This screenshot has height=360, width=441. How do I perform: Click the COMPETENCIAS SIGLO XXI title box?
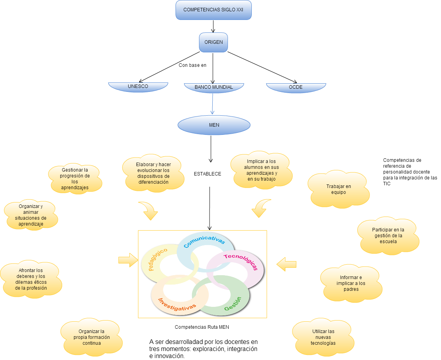coord(213,10)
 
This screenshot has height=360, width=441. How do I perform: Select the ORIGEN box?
coord(213,42)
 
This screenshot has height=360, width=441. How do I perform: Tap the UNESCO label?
coord(138,86)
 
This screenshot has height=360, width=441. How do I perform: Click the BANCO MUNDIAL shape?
coord(213,88)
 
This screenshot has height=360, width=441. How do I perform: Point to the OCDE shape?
coord(296,87)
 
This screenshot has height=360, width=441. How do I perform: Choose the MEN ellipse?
coord(214,125)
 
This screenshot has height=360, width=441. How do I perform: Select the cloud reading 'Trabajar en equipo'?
coord(339,189)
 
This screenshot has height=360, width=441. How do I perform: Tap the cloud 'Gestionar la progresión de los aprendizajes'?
coord(75,179)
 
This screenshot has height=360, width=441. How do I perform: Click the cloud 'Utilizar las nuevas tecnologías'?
coord(323,337)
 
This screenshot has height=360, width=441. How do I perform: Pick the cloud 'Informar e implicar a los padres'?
coord(351,283)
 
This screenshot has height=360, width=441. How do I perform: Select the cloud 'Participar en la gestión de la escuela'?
coord(388,236)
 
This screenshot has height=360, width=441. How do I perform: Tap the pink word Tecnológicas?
coord(241,261)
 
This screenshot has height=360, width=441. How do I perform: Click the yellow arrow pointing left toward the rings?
coord(286,265)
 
